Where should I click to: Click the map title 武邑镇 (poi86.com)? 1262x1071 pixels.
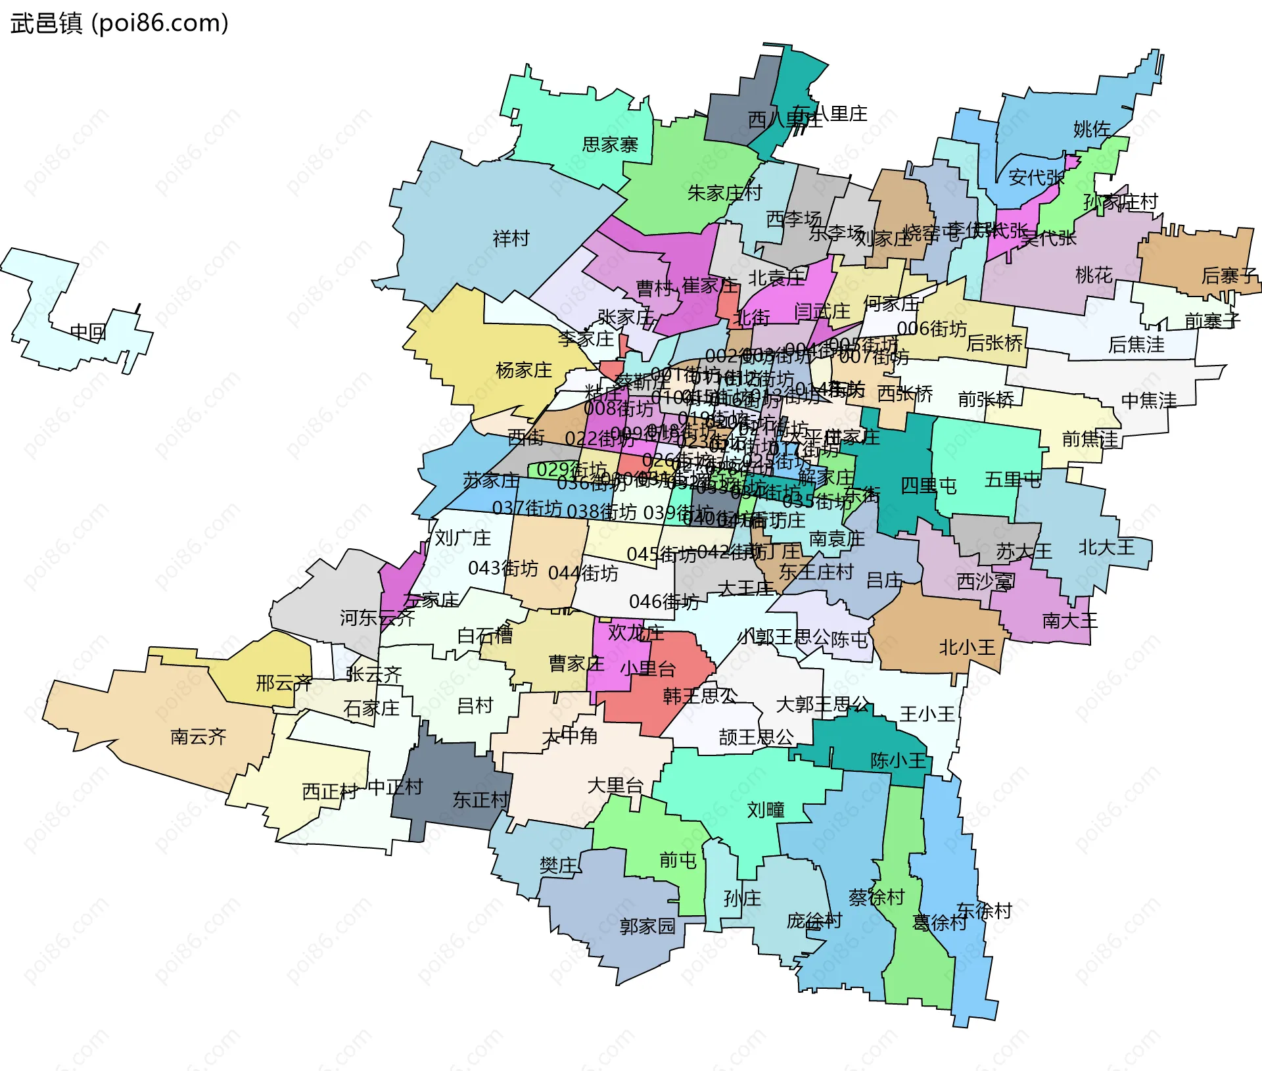[120, 23]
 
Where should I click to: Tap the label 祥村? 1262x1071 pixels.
[511, 238]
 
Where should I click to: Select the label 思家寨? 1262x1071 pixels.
[609, 144]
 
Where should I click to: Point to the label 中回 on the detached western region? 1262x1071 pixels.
[88, 332]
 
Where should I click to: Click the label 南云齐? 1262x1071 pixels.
[198, 736]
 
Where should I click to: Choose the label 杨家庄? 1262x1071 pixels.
[524, 370]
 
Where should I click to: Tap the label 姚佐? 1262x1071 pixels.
[1092, 129]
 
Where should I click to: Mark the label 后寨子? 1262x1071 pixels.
[1228, 275]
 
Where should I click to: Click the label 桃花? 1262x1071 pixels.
[1094, 275]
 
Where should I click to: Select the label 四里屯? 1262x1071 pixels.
[928, 486]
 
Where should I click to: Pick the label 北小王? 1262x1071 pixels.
[966, 648]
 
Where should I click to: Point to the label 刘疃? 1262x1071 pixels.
[765, 809]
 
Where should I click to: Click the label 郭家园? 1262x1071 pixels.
[647, 926]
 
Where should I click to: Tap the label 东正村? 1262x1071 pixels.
[480, 799]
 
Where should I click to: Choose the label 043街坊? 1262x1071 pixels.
[503, 568]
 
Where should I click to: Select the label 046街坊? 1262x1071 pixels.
[664, 602]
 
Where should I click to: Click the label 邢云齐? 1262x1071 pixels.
[283, 683]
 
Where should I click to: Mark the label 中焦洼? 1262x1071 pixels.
[1148, 400]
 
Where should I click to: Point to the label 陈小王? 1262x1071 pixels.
[898, 761]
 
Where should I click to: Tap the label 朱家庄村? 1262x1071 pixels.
[724, 193]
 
